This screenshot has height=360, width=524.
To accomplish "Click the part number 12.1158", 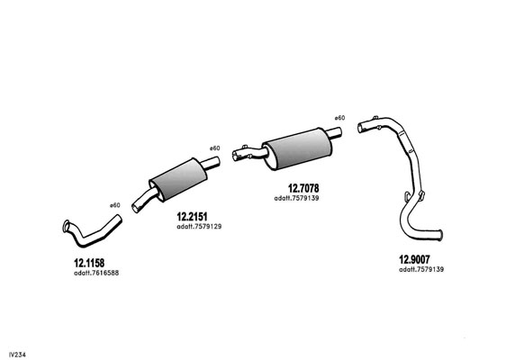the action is [x=89, y=263].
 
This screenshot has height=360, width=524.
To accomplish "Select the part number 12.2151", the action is [x=192, y=217].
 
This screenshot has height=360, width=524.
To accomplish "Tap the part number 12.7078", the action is [x=303, y=188].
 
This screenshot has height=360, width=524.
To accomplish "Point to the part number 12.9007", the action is [x=414, y=259].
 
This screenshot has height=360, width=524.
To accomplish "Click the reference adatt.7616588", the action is [x=96, y=273].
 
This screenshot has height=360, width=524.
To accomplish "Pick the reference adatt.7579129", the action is [x=199, y=227].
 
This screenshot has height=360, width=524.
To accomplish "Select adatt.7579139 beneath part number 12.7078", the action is [x=297, y=198].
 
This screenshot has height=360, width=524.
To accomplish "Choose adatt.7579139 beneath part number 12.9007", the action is [x=421, y=269].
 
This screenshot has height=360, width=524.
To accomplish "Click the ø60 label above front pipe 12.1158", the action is [x=115, y=205].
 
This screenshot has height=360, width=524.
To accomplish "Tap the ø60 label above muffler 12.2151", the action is [x=215, y=148].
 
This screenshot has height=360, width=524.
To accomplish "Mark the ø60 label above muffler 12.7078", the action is [x=339, y=118].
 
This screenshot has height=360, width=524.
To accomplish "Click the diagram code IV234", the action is [x=17, y=355].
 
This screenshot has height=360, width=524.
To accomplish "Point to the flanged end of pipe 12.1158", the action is [x=66, y=226].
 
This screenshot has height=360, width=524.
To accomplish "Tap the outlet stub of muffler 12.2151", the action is [x=210, y=163].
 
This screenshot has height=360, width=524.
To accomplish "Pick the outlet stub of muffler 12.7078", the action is [x=333, y=132].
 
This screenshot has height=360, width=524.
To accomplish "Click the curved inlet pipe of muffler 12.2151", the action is [x=144, y=200].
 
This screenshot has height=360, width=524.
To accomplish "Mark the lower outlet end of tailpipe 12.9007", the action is [x=440, y=235].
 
